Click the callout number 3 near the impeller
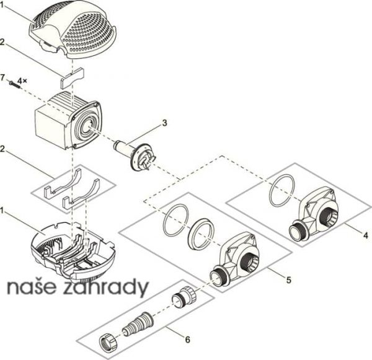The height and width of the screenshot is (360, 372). (x=164, y=123)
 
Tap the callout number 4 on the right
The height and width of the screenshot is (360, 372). (x=366, y=235)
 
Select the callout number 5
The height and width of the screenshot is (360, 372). (x=288, y=280)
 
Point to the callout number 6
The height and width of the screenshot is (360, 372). (x=187, y=340)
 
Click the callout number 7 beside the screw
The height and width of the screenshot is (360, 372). (x=2, y=77)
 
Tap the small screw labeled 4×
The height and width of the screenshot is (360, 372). (x=14, y=85)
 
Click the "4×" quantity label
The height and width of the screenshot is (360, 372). (x=22, y=81)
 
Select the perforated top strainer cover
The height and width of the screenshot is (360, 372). (x=73, y=30)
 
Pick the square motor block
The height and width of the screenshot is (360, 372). (x=68, y=120)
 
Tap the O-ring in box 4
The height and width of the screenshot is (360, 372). (x=282, y=190)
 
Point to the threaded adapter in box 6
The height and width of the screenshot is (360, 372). (x=184, y=297)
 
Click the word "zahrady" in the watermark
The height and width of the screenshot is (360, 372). (x=106, y=287)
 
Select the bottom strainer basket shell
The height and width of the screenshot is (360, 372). (x=73, y=252)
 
